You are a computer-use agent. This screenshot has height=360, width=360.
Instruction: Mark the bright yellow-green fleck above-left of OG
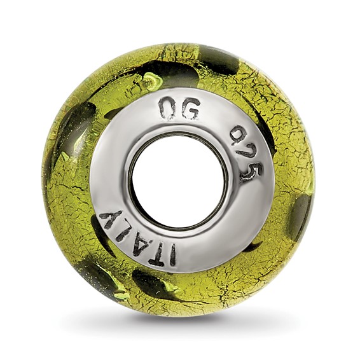(151, 81)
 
